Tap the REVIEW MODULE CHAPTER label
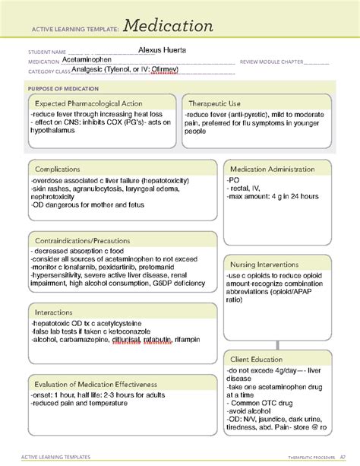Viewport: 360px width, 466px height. pyautogui.click(x=271, y=62)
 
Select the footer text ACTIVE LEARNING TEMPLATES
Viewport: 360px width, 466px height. pyautogui.click(x=54, y=457)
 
